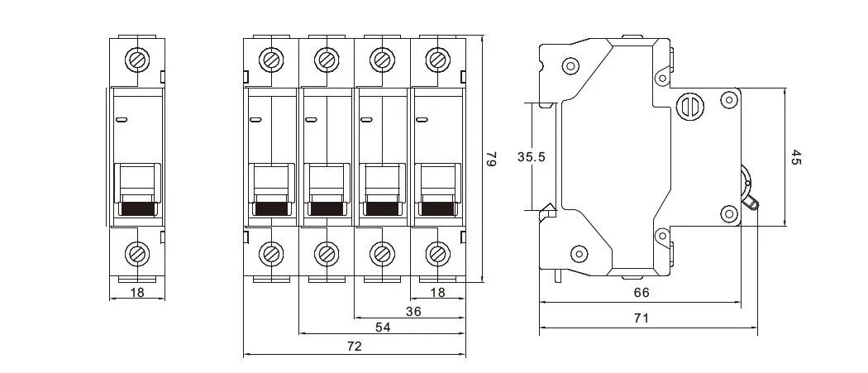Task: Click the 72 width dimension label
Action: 353,347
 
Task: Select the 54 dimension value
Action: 383,328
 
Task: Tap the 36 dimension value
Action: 413,311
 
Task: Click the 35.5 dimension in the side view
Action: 530,157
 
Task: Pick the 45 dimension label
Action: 796,157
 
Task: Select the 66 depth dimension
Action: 641,292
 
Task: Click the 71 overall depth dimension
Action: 641,317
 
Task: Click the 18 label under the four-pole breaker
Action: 437,292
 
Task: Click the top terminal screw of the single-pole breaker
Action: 136,60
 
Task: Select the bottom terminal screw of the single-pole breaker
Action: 136,252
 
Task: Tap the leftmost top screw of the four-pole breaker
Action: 271,60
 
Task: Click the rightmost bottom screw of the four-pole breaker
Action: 437,252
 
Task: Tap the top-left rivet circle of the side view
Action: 570,66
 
